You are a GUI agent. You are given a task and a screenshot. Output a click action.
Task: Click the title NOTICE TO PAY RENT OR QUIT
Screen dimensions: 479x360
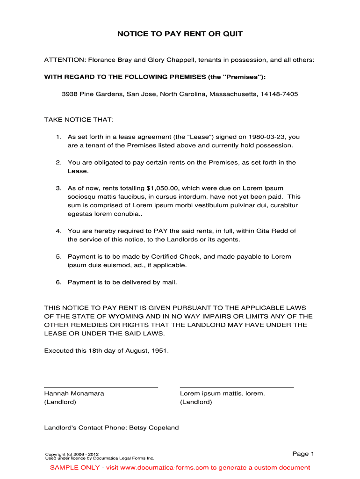click(180, 34)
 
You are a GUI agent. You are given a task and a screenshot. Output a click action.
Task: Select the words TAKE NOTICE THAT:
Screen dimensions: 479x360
click(79, 120)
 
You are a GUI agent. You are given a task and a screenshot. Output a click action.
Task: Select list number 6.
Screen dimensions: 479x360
click(58, 282)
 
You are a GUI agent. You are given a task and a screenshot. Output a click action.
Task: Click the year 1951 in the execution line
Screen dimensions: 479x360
click(159, 350)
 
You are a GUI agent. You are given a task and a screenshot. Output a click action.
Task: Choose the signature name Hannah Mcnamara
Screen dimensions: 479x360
click(74, 393)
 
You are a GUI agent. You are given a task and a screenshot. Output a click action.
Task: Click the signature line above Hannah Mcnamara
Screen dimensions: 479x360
click(101, 387)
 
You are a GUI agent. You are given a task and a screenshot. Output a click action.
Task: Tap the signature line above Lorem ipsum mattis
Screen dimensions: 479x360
click(237, 387)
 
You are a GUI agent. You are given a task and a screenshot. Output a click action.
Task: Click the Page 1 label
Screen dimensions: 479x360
click(303, 454)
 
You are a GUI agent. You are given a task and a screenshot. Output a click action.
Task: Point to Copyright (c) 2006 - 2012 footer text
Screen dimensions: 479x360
click(72, 454)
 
